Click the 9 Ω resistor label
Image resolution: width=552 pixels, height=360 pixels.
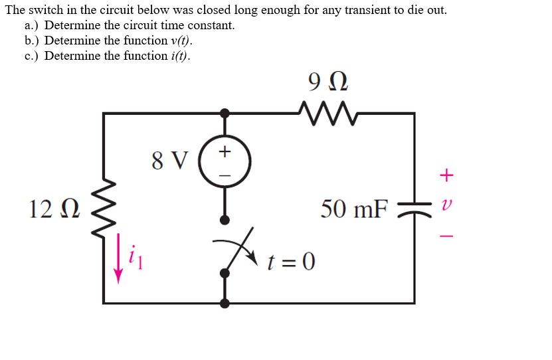click(x=328, y=82)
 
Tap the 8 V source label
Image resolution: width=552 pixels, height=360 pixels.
click(x=170, y=160)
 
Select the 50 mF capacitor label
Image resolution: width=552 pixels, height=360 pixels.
click(x=353, y=209)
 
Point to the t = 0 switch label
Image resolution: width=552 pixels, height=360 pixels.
click(x=291, y=260)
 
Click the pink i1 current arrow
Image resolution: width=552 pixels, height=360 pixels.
click(x=120, y=258)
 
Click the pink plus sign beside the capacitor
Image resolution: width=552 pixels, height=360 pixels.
click(x=447, y=175)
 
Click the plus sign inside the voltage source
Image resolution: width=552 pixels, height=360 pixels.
click(x=225, y=152)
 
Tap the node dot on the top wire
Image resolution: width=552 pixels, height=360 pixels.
click(x=225, y=113)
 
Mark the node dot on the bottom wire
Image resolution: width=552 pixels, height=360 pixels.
click(x=225, y=303)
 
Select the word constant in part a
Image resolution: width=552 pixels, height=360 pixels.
click(x=211, y=25)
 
